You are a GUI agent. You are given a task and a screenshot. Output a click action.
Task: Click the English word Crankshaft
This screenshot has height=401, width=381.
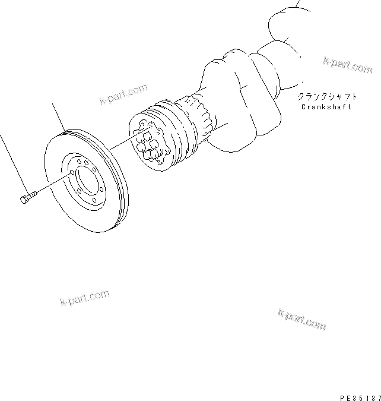tap(326, 107)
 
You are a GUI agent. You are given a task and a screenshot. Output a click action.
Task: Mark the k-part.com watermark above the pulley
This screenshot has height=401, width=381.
tap(123, 94)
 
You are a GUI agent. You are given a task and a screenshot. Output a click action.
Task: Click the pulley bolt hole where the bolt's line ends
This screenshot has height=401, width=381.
tap(72, 173)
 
